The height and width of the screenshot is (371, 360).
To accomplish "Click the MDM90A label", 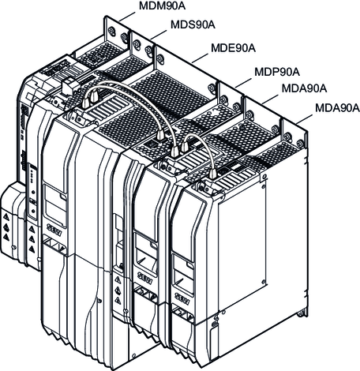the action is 162,6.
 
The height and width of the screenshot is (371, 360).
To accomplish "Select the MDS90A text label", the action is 193,24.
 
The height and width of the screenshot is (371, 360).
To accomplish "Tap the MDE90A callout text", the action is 233,48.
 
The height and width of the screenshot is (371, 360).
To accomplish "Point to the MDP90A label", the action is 277,72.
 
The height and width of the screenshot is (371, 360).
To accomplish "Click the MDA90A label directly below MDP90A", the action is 304,88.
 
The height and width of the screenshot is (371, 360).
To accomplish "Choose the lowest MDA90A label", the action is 338,108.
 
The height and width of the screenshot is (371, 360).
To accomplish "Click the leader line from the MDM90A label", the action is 127,16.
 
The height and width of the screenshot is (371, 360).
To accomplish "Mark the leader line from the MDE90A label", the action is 200,58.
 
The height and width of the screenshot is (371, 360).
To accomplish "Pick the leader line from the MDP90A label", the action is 243,82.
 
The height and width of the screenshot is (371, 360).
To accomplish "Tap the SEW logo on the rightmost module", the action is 183,298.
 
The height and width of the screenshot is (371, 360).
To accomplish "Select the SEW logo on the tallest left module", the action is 54,230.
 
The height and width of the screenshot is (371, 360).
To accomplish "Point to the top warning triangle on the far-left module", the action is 6,218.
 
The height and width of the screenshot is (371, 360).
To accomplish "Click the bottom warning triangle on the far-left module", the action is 6,237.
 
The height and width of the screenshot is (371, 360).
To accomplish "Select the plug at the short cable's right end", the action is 212,174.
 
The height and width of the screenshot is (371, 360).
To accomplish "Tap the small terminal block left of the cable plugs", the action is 70,85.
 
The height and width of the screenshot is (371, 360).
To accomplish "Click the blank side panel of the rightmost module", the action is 242,242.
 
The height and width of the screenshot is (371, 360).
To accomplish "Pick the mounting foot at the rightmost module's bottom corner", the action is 302,314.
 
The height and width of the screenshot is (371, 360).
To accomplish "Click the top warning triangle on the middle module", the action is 118,279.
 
